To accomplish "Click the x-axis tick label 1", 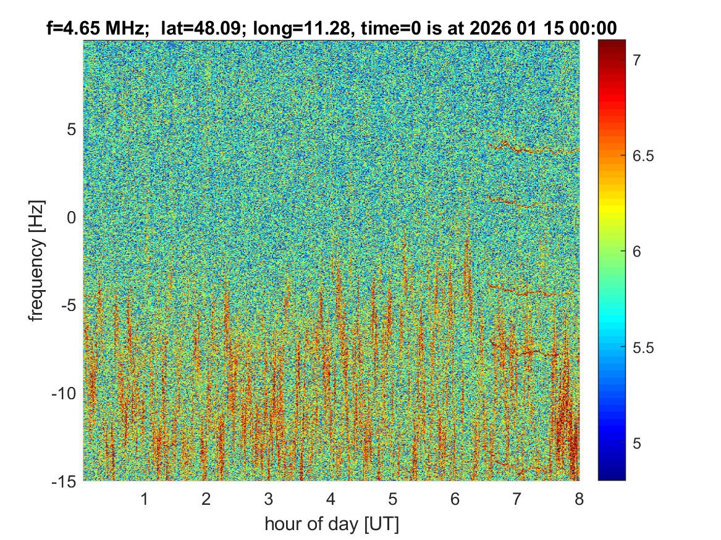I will pos(145,499).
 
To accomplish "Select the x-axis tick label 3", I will pos(268,499).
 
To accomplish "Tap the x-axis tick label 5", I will pos(392,499).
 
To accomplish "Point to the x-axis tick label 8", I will pos(579,499).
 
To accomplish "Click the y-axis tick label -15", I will pos(63,481).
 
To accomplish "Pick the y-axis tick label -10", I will pos(63,393).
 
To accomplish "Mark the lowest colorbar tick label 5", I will pos(637,444).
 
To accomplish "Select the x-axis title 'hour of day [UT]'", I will pos(331,524).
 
